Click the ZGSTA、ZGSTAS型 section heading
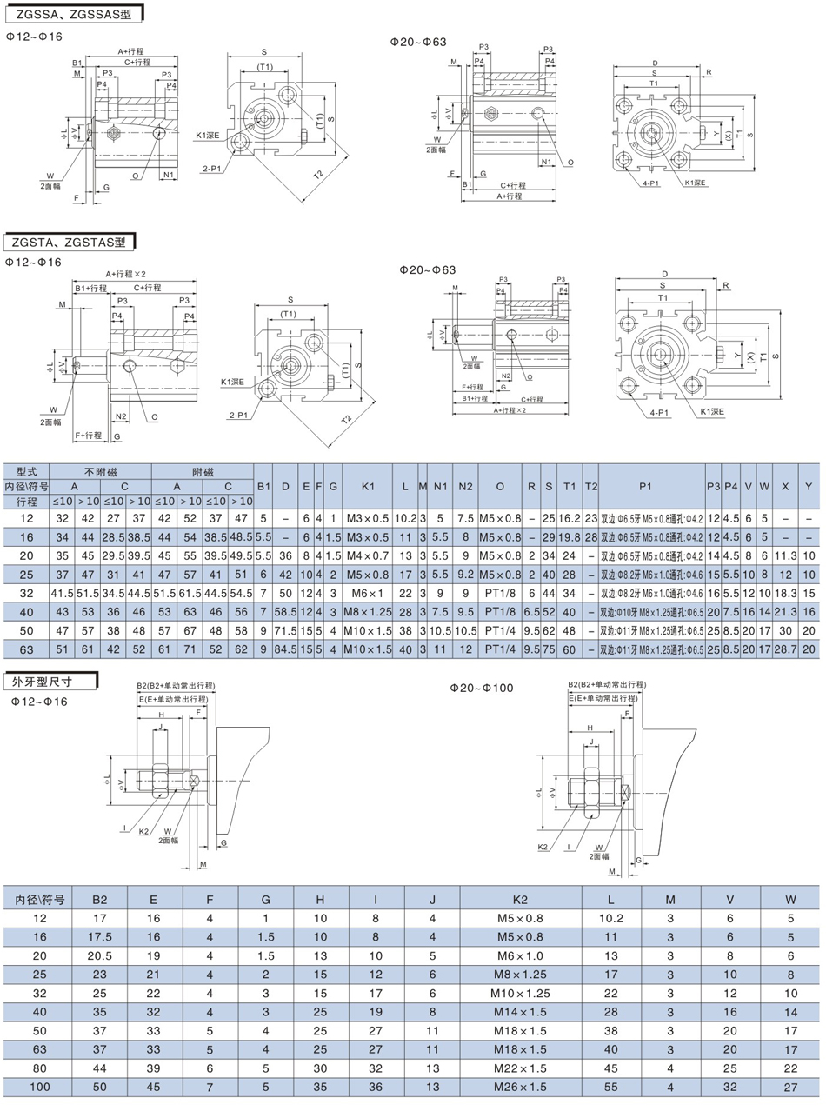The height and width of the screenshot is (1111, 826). (x=67, y=241)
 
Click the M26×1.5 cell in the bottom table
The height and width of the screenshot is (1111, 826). (x=520, y=1087)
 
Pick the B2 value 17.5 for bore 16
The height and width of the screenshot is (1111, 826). (x=100, y=936)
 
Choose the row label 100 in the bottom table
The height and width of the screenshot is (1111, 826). (x=40, y=1087)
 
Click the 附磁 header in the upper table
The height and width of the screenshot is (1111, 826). (x=203, y=471)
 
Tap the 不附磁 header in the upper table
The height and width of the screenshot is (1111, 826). (x=100, y=471)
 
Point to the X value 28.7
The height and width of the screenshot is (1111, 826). (x=785, y=649)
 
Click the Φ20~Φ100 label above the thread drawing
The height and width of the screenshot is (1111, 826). (x=482, y=688)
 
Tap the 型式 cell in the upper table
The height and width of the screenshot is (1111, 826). (x=26, y=471)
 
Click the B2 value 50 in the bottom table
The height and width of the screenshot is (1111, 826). (x=100, y=1087)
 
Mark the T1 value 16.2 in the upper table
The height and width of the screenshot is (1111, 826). (x=569, y=516)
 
